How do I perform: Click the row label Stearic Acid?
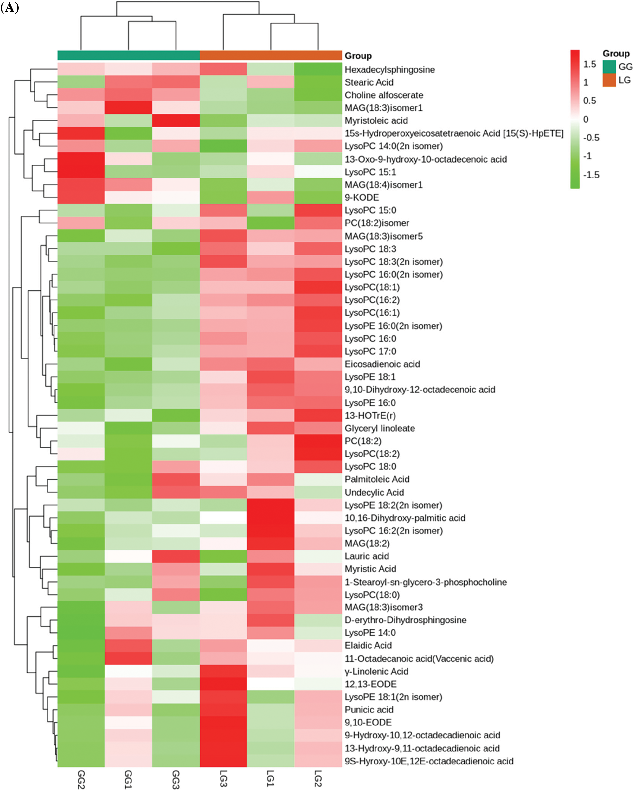(369, 82)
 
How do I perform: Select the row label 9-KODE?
(361, 197)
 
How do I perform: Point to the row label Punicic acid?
(369, 710)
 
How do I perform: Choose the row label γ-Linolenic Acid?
(376, 671)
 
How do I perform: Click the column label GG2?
(81, 779)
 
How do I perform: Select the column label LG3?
(223, 779)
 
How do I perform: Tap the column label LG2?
(318, 779)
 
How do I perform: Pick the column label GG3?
(176, 779)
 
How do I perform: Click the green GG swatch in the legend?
(609, 66)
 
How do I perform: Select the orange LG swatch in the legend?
(609, 80)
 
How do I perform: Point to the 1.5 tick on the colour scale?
(590, 64)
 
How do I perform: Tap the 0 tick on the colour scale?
(586, 119)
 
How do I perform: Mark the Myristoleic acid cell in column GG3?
(176, 120)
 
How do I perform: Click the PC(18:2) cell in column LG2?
(318, 441)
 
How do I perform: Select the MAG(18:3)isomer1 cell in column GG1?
(128, 107)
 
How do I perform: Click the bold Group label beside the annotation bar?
(358, 56)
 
